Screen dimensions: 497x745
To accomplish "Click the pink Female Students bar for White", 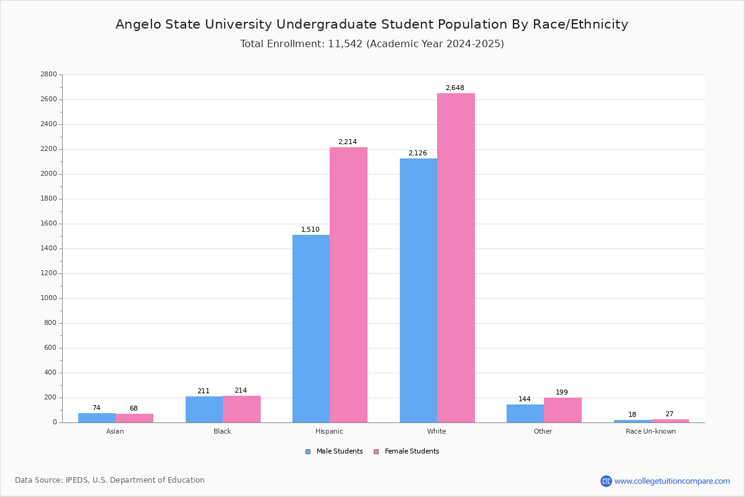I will [456, 258].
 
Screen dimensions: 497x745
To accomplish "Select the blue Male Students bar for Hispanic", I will [311, 329].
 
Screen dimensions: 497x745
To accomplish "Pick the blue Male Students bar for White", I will [418, 290].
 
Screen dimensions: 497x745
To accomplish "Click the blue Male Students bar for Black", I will [204, 409].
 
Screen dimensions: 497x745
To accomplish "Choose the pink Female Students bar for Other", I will [562, 410].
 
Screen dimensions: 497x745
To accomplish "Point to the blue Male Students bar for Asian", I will [97, 418].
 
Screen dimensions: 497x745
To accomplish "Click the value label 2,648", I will [455, 88].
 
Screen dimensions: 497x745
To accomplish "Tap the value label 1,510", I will [310, 230].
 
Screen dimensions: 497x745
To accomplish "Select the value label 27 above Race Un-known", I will [669, 414].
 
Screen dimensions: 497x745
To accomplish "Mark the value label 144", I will [525, 399].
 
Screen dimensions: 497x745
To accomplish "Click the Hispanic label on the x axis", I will [329, 431].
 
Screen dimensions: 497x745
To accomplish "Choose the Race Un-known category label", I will [651, 431].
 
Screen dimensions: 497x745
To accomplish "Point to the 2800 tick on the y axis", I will [48, 75].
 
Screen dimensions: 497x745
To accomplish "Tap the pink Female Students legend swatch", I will [376, 452].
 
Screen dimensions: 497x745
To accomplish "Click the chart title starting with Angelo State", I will [372, 25].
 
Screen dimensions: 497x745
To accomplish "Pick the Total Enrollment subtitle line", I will [372, 44].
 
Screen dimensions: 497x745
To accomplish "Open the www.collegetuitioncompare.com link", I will [672, 481].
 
